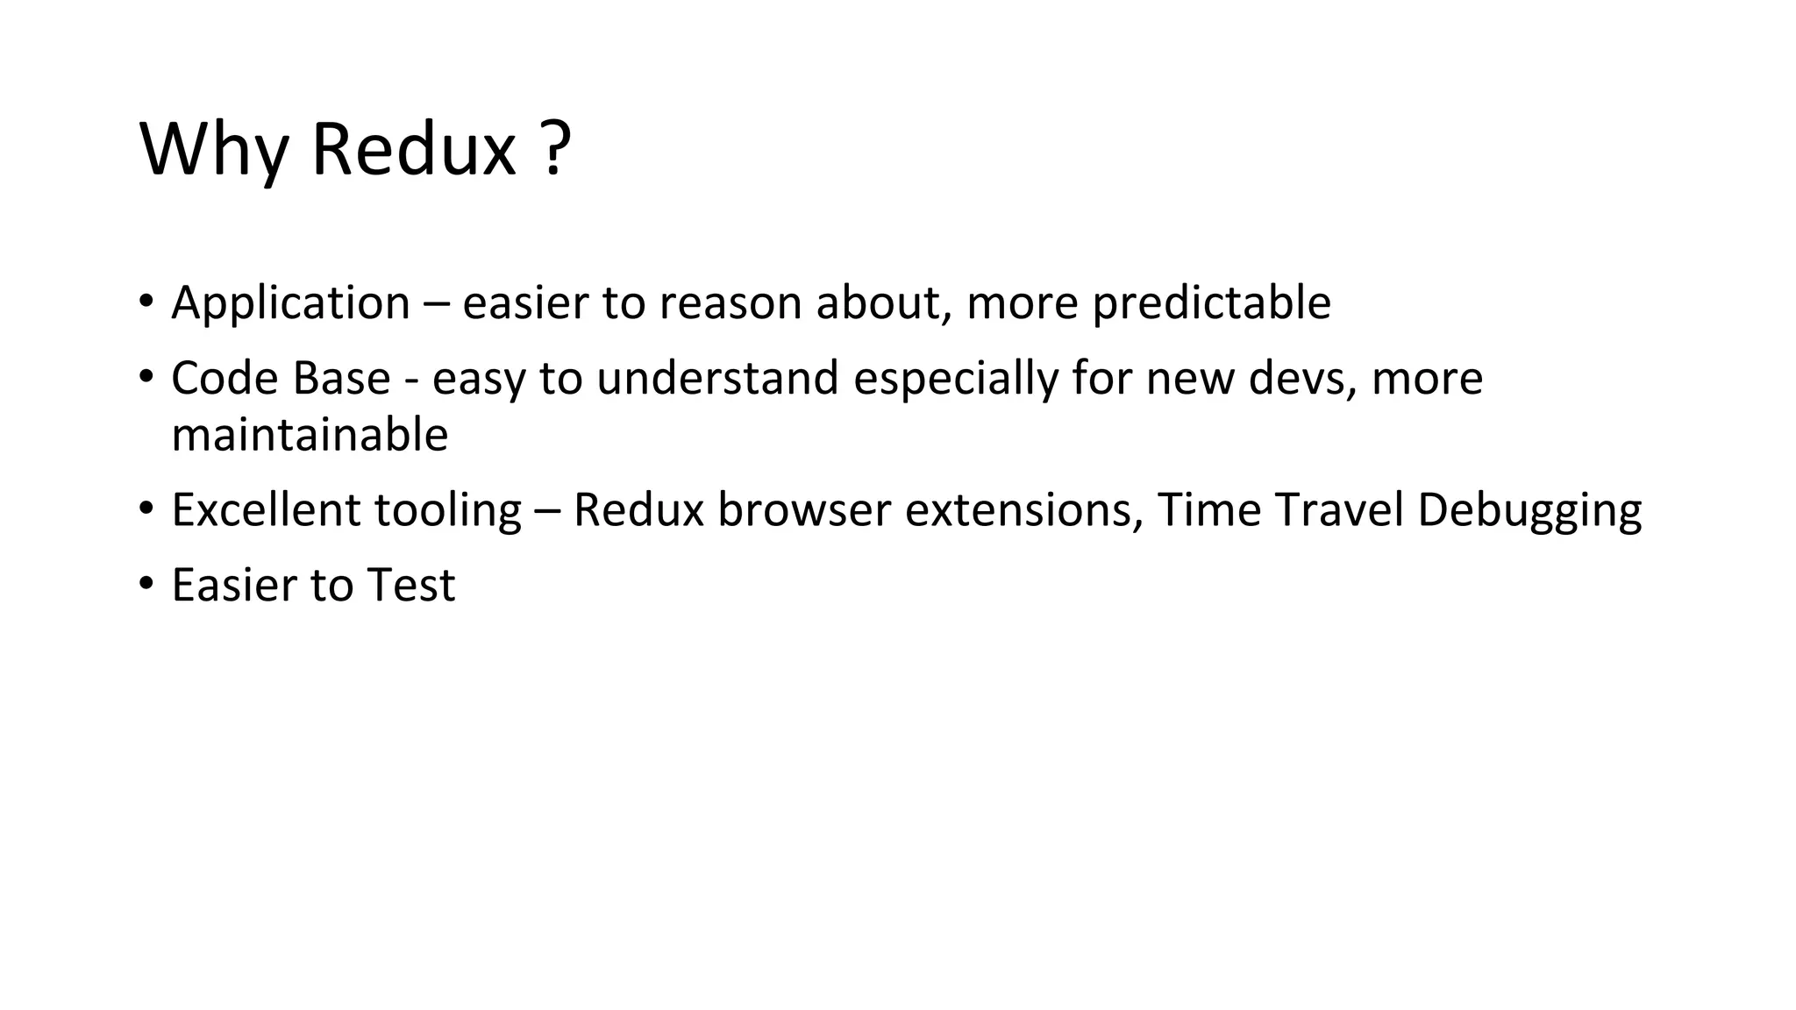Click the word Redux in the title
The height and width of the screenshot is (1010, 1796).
pos(413,149)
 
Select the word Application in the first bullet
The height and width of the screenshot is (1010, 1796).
pos(290,303)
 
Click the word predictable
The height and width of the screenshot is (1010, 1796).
pos(1211,303)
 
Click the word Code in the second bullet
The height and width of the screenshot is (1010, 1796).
pos(224,379)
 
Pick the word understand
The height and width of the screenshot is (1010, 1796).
pos(717,379)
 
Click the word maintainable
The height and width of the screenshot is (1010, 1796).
pos(310,435)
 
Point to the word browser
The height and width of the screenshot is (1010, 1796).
pos(803,510)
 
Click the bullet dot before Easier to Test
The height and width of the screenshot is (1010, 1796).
pos(146,584)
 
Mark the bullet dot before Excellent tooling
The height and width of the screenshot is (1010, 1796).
pos(146,509)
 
